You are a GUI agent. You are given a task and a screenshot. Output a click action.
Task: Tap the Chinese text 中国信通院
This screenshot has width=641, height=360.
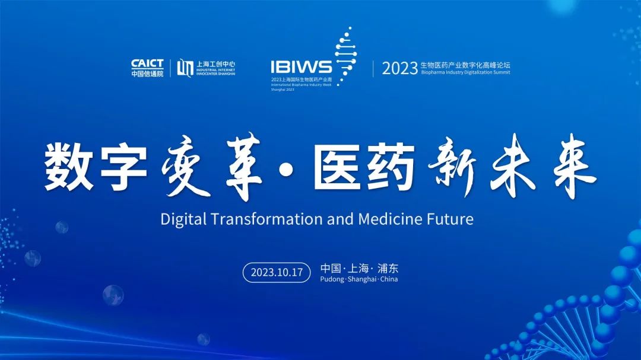147,74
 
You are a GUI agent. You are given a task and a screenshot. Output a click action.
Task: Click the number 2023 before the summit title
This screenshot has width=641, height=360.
399,68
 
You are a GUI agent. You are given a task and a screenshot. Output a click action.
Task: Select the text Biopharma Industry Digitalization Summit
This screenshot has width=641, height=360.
465,72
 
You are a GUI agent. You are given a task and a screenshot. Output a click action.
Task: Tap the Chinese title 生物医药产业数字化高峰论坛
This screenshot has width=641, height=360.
465,64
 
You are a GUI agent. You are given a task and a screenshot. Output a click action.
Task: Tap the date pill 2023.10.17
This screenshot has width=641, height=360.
277,272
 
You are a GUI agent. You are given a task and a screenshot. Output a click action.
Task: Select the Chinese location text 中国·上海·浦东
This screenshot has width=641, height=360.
359,268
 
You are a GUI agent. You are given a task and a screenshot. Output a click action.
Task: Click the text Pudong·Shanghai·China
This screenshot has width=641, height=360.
359,279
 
